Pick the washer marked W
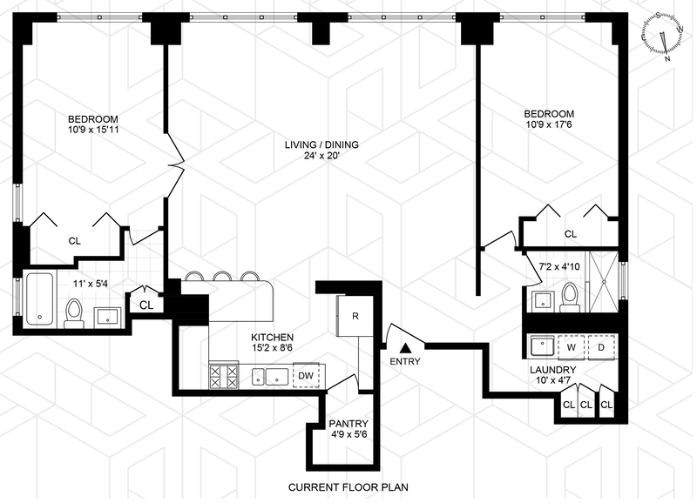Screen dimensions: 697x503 pyautogui.click(x=572, y=346)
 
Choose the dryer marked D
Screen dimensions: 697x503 pyautogui.click(x=601, y=346)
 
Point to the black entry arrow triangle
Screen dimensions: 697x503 pyautogui.click(x=405, y=347)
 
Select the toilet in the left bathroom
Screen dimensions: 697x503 pyautogui.click(x=74, y=311)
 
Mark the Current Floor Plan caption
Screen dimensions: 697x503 pyautogui.click(x=348, y=487)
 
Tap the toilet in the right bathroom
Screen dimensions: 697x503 pyautogui.click(x=570, y=296)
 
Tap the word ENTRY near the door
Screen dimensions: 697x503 pyautogui.click(x=405, y=361)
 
